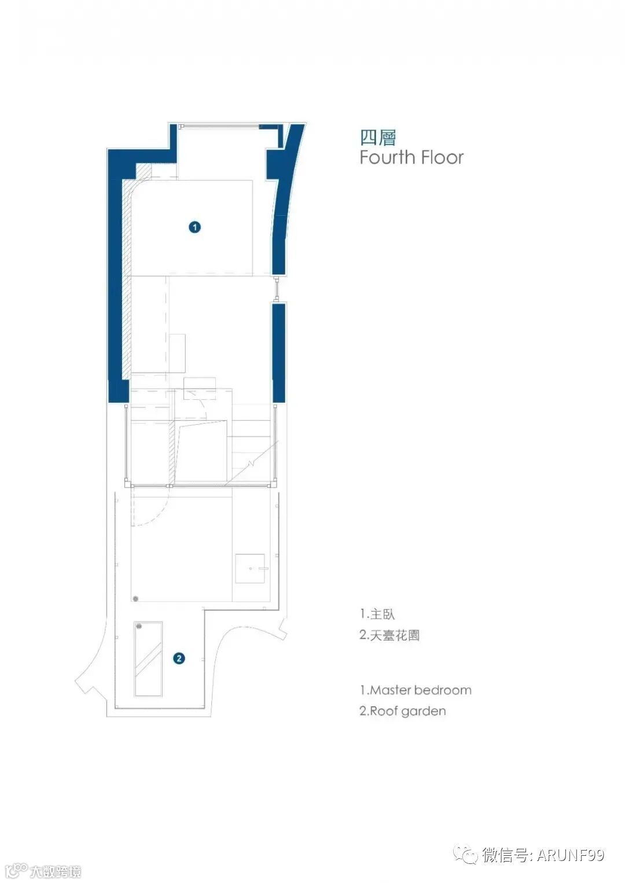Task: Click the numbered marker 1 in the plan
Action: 195,227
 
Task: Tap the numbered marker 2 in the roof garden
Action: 179,658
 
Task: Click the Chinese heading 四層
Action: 378,138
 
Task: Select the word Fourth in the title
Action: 388,157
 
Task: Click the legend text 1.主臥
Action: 377,614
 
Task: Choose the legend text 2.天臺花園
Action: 389,635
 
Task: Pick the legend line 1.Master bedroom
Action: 416,690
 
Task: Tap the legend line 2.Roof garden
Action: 403,711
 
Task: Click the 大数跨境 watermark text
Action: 55,871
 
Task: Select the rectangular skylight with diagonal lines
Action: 148,660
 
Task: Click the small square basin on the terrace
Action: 250,568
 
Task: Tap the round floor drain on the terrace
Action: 135,598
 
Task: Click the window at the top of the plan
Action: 219,126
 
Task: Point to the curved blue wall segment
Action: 284,198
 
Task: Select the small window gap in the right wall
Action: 278,289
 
